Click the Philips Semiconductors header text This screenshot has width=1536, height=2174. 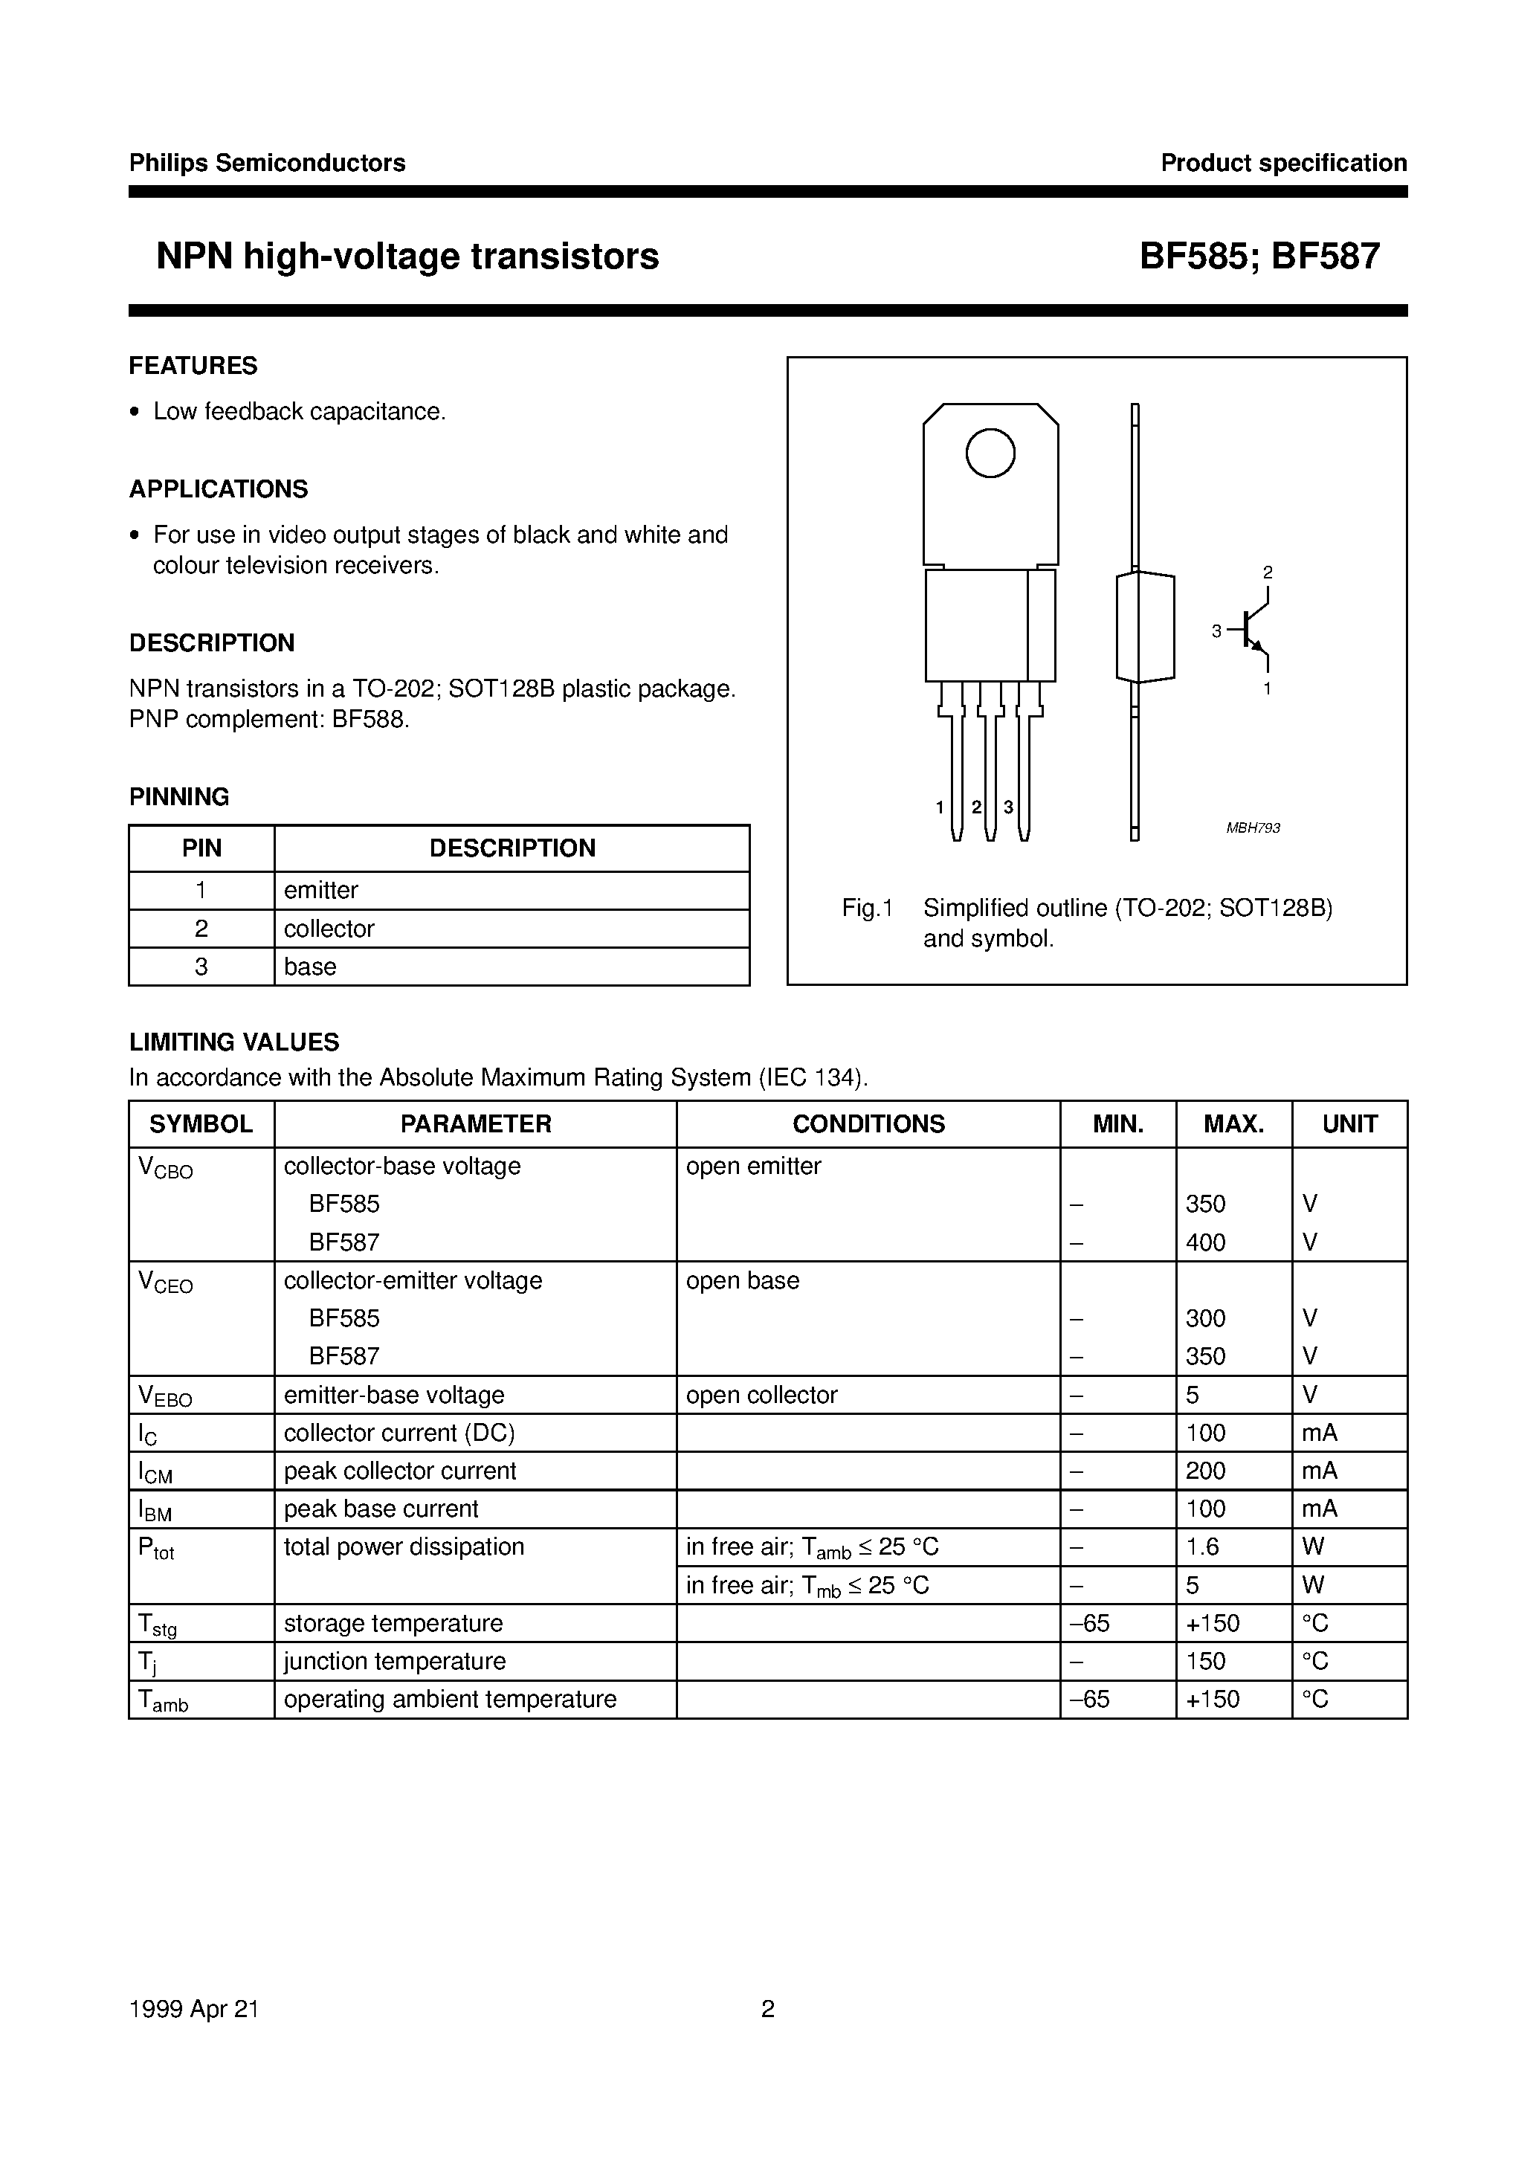pyautogui.click(x=267, y=163)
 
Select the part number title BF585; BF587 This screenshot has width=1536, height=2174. pyautogui.click(x=1259, y=257)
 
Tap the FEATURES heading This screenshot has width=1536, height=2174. pyautogui.click(x=193, y=366)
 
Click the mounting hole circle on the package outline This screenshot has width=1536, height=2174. pyautogui.click(x=990, y=454)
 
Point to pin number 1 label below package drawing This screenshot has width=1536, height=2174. pyautogui.click(x=940, y=807)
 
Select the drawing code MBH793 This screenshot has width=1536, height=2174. pyautogui.click(x=1253, y=828)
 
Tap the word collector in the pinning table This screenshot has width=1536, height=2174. pyautogui.click(x=329, y=929)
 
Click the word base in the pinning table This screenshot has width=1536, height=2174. pyautogui.click(x=310, y=967)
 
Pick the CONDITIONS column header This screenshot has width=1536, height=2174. pyautogui.click(x=868, y=1124)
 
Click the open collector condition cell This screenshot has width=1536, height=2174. pyautogui.click(x=761, y=1395)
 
